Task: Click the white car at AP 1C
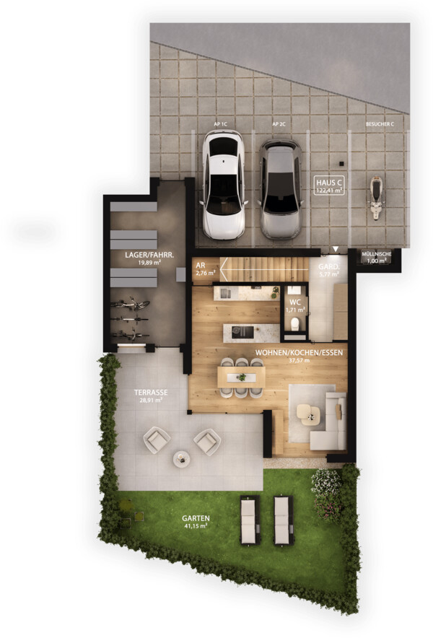click(223, 184)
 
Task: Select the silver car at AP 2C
click(281, 189)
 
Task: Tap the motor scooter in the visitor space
click(377, 197)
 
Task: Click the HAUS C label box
click(329, 186)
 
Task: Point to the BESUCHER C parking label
click(380, 124)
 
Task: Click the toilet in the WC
click(295, 324)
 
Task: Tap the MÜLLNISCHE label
click(377, 254)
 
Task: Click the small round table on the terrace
click(182, 459)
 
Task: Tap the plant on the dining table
click(242, 377)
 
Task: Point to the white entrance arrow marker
click(336, 248)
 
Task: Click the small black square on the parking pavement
click(341, 164)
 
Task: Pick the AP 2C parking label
click(279, 124)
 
